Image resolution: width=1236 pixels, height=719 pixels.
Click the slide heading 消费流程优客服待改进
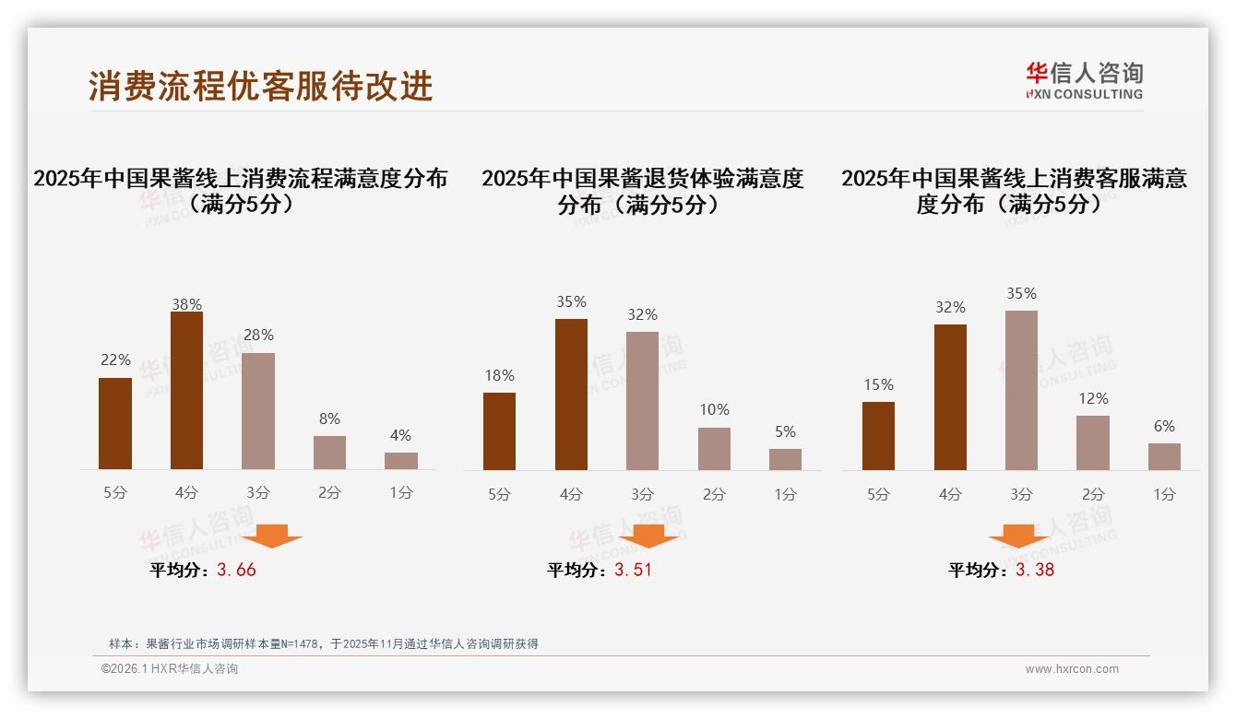pyautogui.click(x=261, y=86)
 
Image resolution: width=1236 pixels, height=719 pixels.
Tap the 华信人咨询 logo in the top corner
pyautogui.click(x=1084, y=80)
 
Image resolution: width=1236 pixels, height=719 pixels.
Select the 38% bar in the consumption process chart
pyautogui.click(x=187, y=391)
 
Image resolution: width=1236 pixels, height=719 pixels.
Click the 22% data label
pyautogui.click(x=115, y=360)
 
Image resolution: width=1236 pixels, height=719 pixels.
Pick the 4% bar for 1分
pyautogui.click(x=401, y=461)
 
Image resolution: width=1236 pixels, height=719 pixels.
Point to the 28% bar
pyautogui.click(x=258, y=411)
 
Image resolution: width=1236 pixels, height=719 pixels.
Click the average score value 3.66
pyautogui.click(x=236, y=570)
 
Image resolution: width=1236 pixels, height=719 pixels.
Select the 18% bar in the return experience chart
pyautogui.click(x=499, y=431)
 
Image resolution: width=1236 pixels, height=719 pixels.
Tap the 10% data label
pyautogui.click(x=714, y=410)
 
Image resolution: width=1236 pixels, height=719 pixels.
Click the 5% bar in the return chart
pyautogui.click(x=785, y=459)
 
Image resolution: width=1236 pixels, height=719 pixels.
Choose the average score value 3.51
pyautogui.click(x=633, y=570)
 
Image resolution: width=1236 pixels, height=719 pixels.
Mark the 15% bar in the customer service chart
pyautogui.click(x=878, y=436)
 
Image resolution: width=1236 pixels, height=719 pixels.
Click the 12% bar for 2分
pyautogui.click(x=1093, y=442)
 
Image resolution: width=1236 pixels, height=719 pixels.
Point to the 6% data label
pyautogui.click(x=1164, y=427)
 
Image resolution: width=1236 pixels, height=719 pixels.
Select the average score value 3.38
pyautogui.click(x=1035, y=570)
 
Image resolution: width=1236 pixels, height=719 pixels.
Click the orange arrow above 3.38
pyautogui.click(x=1018, y=537)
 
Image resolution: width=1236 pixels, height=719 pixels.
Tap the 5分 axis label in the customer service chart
pyautogui.click(x=878, y=494)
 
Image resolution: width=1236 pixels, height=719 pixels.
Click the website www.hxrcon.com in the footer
pyautogui.click(x=1072, y=669)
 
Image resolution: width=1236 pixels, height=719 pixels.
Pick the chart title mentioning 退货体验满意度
pyautogui.click(x=642, y=191)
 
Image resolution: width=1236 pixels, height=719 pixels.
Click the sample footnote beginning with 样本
pyautogui.click(x=323, y=644)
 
